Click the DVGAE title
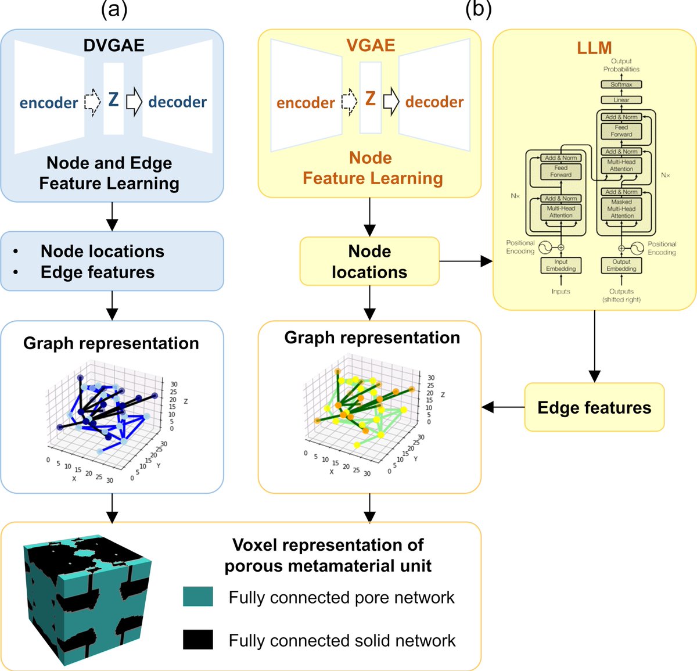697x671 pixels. tap(114, 45)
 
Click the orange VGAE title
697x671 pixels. tap(371, 45)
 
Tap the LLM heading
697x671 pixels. tap(594, 48)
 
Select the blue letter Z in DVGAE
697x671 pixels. tap(113, 99)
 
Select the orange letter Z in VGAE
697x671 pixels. tap(371, 99)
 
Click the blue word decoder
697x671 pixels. tap(177, 102)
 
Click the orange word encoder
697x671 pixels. tap(306, 103)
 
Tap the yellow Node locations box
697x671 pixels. tap(369, 261)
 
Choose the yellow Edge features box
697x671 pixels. tap(594, 407)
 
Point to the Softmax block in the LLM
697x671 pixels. tap(621, 84)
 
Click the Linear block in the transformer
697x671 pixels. tap(621, 100)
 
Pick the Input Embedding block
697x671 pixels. tap(561, 265)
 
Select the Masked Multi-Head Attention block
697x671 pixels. tap(621, 209)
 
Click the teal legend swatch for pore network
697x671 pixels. tap(198, 597)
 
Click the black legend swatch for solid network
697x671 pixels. tap(198, 639)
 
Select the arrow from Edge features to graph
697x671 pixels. tap(503, 407)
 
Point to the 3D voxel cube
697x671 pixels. tap(87, 598)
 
